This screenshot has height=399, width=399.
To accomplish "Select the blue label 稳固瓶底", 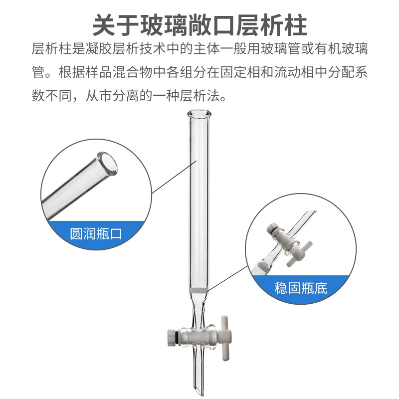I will point(301,288).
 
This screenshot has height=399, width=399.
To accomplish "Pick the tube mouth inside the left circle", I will point(110,165).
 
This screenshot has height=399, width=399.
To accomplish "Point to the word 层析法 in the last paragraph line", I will point(209,95).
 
